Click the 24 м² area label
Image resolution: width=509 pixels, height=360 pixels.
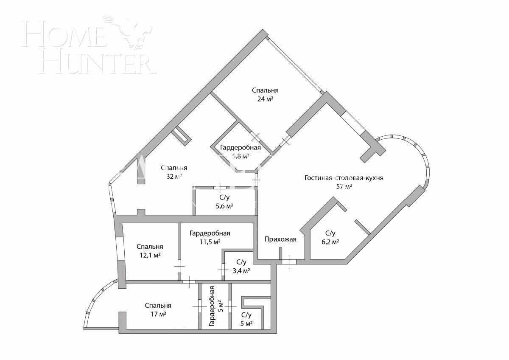coord(265,99)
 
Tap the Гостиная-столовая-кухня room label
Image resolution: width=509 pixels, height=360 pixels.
coord(344,178)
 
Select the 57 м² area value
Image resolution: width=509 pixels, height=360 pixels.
coord(344,186)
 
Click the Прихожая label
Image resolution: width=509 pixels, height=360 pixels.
coord(280,239)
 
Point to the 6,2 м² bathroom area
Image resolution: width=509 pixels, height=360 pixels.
coord(330,242)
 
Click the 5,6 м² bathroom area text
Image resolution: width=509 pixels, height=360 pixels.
coord(224,206)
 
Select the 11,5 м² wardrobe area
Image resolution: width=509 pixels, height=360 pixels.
coord(210,242)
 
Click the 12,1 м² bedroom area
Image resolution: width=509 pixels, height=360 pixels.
coord(150,255)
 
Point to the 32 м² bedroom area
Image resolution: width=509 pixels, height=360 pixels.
coord(174,177)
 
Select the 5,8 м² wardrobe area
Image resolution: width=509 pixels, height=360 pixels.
coord(240,156)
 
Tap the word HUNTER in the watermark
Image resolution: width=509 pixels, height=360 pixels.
coord(97,63)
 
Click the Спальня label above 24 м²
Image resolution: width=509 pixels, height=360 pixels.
coord(265,90)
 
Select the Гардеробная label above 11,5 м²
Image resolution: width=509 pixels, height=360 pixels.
coord(210,233)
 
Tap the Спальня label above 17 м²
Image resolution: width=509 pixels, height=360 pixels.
coord(158,306)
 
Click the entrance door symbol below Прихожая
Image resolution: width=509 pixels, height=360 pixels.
coord(288,262)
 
